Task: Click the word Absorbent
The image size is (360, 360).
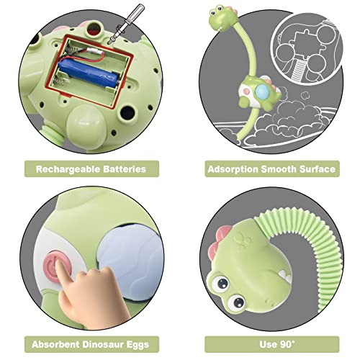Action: [x=59, y=343]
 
